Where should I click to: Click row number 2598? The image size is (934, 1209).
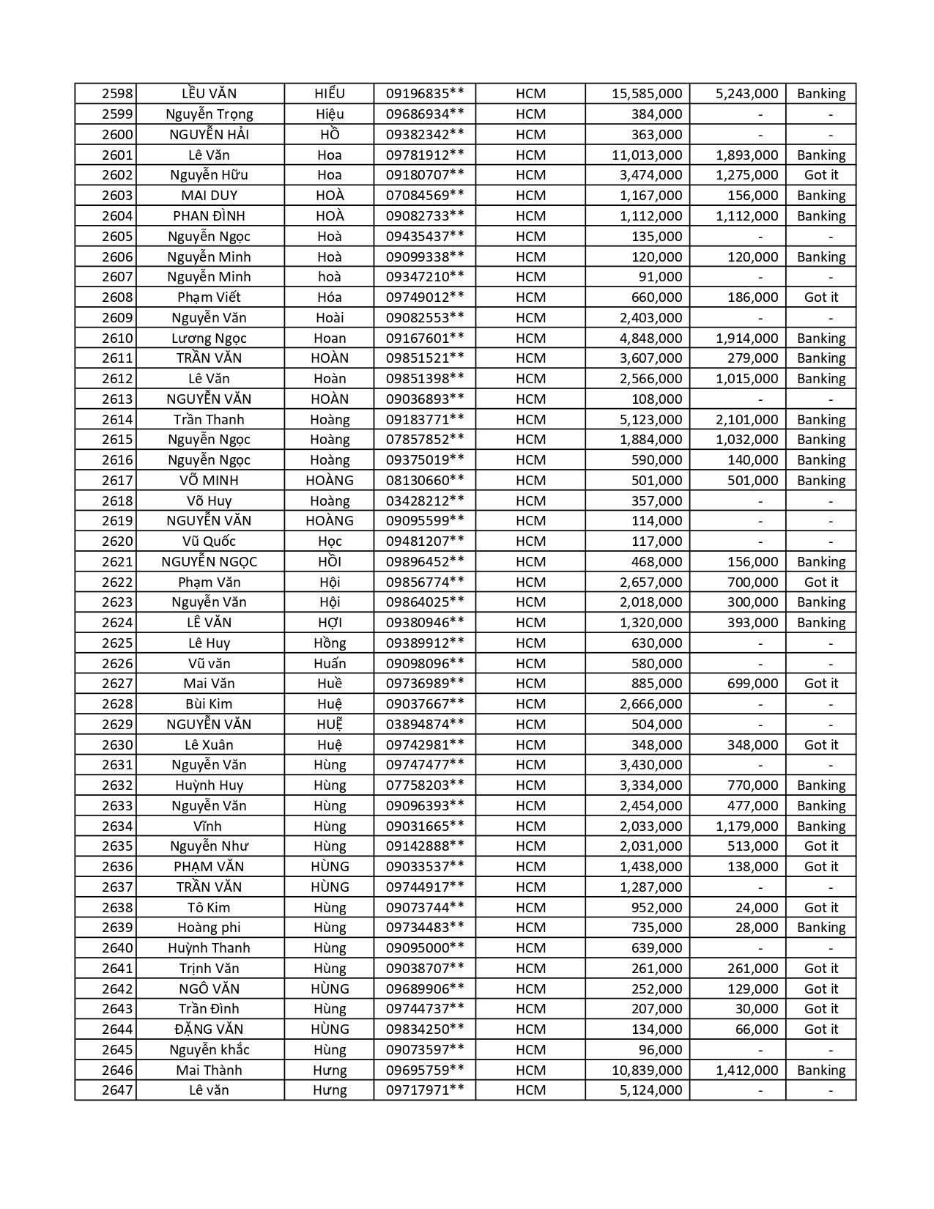[117, 94]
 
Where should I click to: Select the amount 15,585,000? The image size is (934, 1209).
[647, 94]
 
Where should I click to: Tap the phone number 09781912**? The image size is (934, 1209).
[425, 155]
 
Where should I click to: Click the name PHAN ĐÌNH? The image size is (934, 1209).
[209, 216]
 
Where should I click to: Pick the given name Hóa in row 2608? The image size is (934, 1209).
[330, 297]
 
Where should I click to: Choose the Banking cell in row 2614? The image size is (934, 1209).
[821, 420]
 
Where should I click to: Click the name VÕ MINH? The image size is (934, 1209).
[209, 481]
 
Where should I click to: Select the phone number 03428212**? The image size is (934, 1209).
[425, 501]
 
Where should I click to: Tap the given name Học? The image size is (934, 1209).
[330, 541]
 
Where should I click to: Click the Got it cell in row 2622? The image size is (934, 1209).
[821, 583]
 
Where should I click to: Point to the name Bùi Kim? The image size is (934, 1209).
[209, 704]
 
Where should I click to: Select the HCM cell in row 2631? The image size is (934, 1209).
[530, 765]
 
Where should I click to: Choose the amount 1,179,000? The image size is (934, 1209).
[746, 827]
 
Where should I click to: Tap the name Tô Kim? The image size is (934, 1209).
[209, 908]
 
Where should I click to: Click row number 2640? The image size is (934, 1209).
[117, 948]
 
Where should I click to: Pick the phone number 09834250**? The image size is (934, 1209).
[425, 1029]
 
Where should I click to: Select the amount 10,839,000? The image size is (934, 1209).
[647, 1071]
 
